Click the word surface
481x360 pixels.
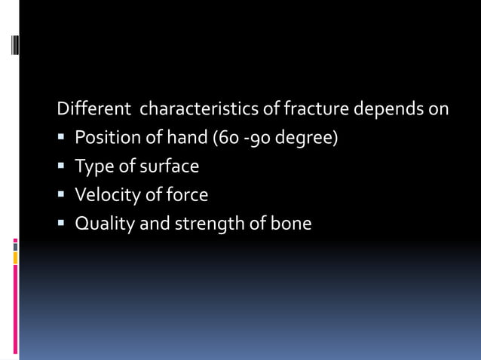click(170, 166)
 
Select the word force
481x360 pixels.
click(187, 195)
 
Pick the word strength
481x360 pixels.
click(208, 224)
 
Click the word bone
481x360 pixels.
click(293, 224)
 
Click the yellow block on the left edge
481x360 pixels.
click(15, 258)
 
